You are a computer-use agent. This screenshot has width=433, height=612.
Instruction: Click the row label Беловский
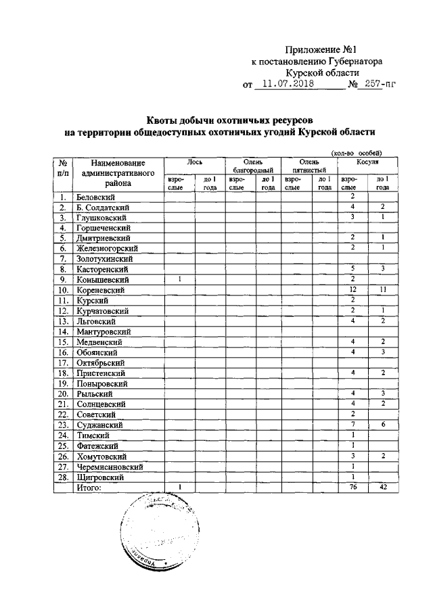[93, 196]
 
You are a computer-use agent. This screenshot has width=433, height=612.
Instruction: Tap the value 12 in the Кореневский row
[352, 289]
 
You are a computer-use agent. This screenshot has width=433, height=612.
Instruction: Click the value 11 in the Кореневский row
[382, 289]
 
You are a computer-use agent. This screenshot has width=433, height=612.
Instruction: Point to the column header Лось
[196, 162]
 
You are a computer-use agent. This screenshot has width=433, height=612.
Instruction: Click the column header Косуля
[367, 162]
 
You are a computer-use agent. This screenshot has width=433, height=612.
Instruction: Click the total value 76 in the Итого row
[352, 487]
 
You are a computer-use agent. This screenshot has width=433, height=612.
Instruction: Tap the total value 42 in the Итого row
[382, 487]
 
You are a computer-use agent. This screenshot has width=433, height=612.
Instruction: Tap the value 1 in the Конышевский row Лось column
[181, 279]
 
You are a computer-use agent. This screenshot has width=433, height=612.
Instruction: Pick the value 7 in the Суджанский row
[352, 425]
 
